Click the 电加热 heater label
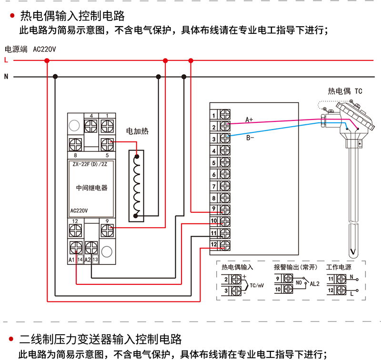point(137,131)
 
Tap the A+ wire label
point(249,120)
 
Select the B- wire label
point(250,138)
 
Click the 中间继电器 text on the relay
point(91,188)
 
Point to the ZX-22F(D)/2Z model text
point(90,164)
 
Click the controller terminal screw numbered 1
point(225,114)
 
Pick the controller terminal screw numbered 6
point(225,174)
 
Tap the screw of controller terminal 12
point(225,245)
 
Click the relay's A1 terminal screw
point(76,248)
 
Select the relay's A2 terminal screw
point(91,248)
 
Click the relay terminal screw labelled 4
point(91,126)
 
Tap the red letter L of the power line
point(6,60)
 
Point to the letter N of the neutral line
point(6,77)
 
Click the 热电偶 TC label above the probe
point(345,91)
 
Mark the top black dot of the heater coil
point(137,157)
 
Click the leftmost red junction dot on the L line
point(47,60)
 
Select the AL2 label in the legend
point(315,284)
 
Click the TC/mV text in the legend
point(257,285)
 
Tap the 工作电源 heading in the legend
point(339,267)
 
